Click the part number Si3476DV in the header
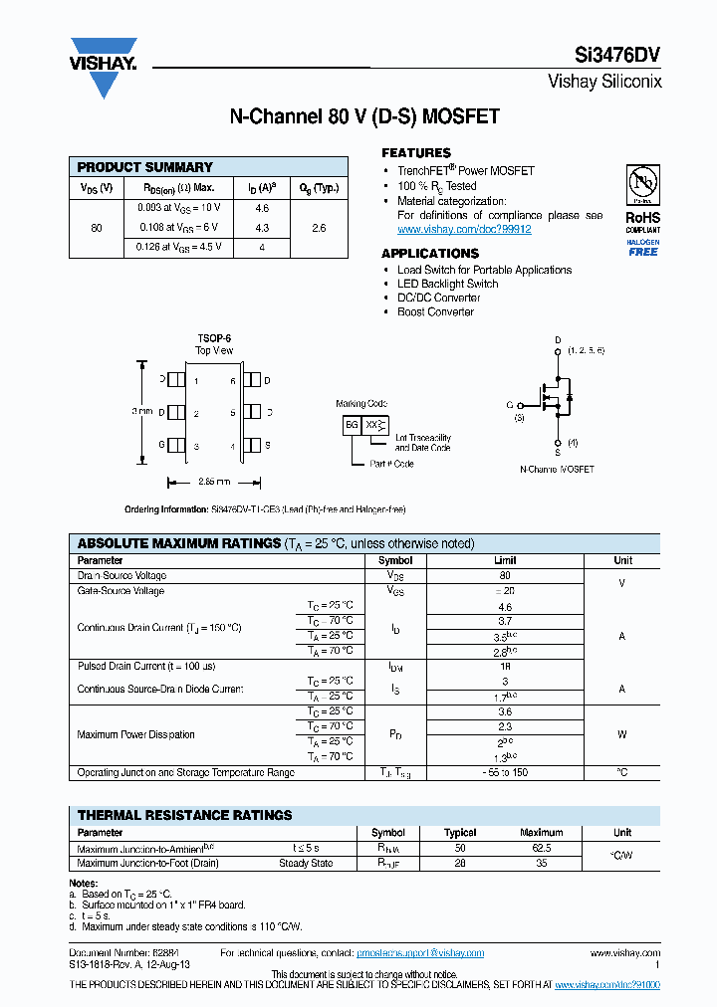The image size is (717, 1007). click(623, 57)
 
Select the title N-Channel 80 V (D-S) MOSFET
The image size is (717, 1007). click(364, 116)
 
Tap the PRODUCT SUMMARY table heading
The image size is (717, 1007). click(145, 167)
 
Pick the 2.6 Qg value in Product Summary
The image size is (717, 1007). click(319, 228)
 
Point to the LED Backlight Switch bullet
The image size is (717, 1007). click(447, 284)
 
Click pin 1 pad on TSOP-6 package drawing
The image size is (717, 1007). click(177, 380)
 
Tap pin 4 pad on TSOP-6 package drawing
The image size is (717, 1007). click(251, 445)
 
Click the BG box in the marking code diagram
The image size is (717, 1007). click(352, 424)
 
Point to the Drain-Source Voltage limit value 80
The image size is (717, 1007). click(505, 576)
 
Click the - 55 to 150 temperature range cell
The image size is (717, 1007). click(505, 772)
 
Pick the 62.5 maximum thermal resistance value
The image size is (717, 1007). click(542, 849)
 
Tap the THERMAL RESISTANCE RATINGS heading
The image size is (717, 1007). click(185, 815)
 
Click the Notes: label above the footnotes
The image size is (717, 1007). click(84, 884)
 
